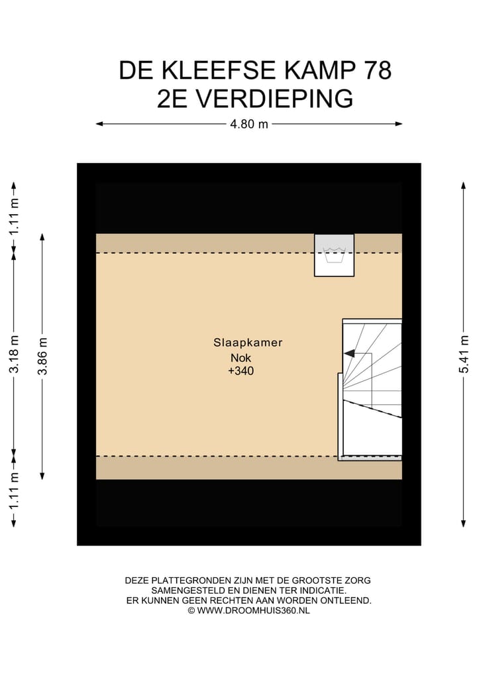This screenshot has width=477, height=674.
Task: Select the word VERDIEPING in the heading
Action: click(x=277, y=99)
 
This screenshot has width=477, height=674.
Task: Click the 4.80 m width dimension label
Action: click(x=249, y=124)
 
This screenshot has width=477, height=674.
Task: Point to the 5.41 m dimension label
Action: click(x=464, y=355)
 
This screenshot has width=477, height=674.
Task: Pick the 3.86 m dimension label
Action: click(x=43, y=356)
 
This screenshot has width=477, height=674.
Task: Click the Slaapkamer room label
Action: click(x=248, y=343)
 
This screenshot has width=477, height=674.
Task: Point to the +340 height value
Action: click(x=241, y=372)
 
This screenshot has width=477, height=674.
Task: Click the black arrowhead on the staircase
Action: click(x=349, y=354)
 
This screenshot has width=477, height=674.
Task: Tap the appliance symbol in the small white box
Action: click(x=334, y=254)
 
